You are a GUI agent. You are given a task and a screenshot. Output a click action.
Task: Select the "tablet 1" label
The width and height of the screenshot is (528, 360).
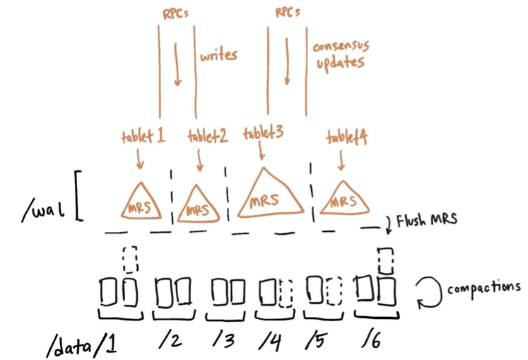pos(142,137)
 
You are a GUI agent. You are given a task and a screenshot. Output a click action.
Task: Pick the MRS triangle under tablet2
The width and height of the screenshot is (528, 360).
pos(195,206)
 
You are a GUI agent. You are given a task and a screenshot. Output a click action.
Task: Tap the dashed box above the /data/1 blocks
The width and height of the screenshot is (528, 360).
pos(129,259)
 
